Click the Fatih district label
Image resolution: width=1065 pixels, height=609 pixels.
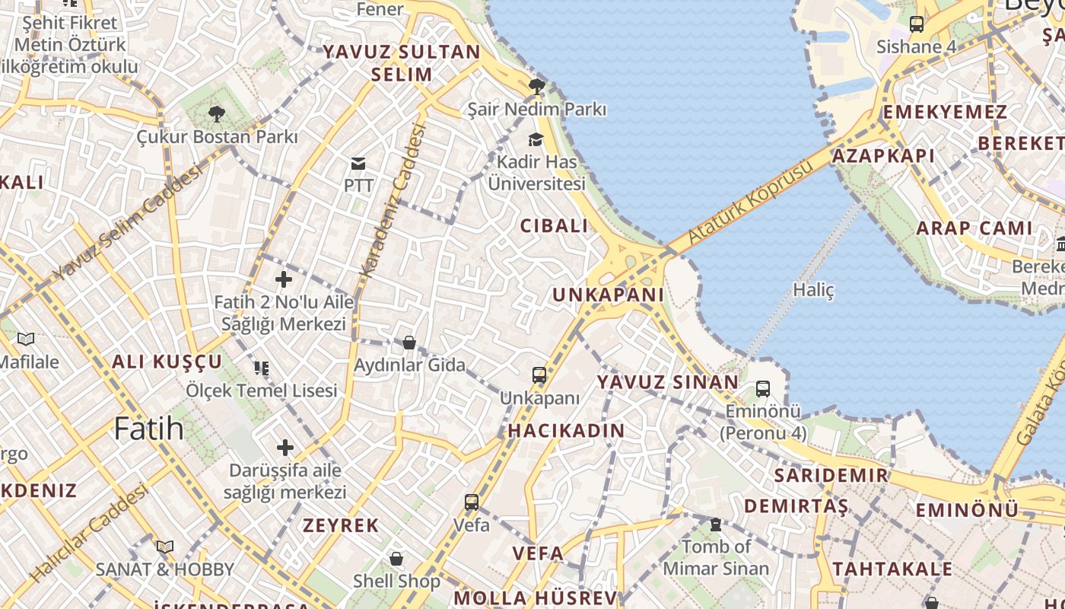pos(149,429)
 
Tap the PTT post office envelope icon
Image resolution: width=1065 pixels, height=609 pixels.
pos(358,164)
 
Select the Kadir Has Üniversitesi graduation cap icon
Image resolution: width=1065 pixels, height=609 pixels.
pos(536,139)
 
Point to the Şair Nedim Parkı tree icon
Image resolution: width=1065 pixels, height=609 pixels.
pos(536,85)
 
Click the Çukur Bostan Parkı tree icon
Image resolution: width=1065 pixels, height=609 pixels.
pos(217,114)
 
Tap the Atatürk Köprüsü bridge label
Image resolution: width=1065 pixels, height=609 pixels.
pos(750,203)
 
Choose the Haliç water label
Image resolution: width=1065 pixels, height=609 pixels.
pos(813,290)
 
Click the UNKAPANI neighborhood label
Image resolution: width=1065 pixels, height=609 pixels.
pos(608,295)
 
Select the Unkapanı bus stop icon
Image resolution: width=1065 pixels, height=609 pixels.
pos(539,375)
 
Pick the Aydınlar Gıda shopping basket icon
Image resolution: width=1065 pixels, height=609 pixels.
pos(409,343)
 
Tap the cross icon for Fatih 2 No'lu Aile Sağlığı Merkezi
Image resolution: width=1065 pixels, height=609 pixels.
pos(284,279)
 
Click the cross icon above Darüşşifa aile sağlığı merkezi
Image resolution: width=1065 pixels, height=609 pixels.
pos(285,447)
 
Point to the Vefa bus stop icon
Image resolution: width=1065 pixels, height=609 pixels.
pos(472,502)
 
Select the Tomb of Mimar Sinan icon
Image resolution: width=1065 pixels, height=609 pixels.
pos(716,524)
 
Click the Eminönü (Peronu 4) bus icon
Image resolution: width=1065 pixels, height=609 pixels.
pos(763,389)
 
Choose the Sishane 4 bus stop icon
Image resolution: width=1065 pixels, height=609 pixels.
pos(917,24)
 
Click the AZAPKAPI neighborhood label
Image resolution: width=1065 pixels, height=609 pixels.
pos(883,156)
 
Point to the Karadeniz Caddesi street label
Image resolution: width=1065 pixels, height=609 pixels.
pos(390,199)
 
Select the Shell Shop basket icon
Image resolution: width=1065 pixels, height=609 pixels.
pos(396,560)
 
